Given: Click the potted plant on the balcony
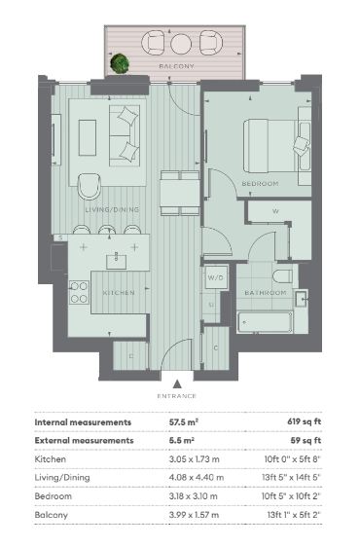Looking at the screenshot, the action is click(x=120, y=63).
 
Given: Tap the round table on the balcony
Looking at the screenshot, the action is click(x=181, y=44).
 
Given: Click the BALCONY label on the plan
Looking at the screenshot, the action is click(x=176, y=66).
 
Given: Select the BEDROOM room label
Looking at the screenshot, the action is click(x=260, y=184).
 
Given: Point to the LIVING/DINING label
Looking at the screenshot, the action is click(x=112, y=209).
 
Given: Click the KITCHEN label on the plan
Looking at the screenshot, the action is click(x=119, y=293).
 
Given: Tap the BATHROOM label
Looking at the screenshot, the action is click(x=266, y=293).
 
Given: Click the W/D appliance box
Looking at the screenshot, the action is click(x=216, y=277).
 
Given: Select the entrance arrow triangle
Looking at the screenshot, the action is click(x=177, y=384).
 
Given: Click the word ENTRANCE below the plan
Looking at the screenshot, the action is click(x=177, y=396).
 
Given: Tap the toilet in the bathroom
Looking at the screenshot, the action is click(x=282, y=276).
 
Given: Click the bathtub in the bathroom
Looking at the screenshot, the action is click(x=265, y=322).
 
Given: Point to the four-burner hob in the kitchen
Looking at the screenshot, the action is click(x=79, y=293).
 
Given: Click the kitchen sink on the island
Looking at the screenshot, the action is click(x=117, y=261).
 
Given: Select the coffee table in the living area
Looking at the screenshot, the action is click(x=88, y=137).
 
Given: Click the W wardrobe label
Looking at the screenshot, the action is click(x=275, y=211).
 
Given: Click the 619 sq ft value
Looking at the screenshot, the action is click(x=305, y=421).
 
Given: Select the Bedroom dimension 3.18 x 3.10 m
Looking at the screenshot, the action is click(x=194, y=496).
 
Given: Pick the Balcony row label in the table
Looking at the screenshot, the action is click(x=51, y=515).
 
